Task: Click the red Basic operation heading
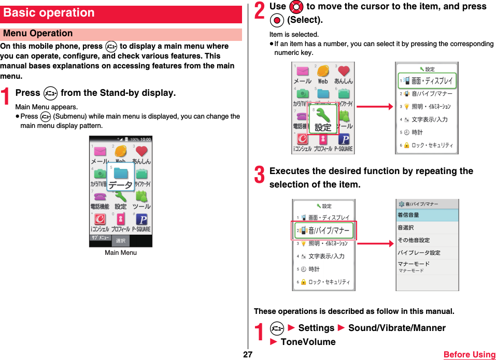pyautogui.click(x=49, y=13)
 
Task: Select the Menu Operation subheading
pyautogui.click(x=38, y=34)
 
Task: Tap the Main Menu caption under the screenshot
pyautogui.click(x=121, y=253)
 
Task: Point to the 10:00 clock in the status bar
pyautogui.click(x=146, y=139)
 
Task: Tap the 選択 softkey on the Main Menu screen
pyautogui.click(x=121, y=241)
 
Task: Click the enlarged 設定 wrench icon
pyautogui.click(x=323, y=120)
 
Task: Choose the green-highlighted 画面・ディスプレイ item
pyautogui.click(x=428, y=81)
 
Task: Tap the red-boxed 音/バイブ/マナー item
pyautogui.click(x=324, y=231)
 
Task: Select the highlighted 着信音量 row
pyautogui.click(x=428, y=215)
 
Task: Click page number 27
pyautogui.click(x=248, y=355)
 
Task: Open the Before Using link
pyautogui.click(x=470, y=355)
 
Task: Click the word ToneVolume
pyautogui.click(x=308, y=342)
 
